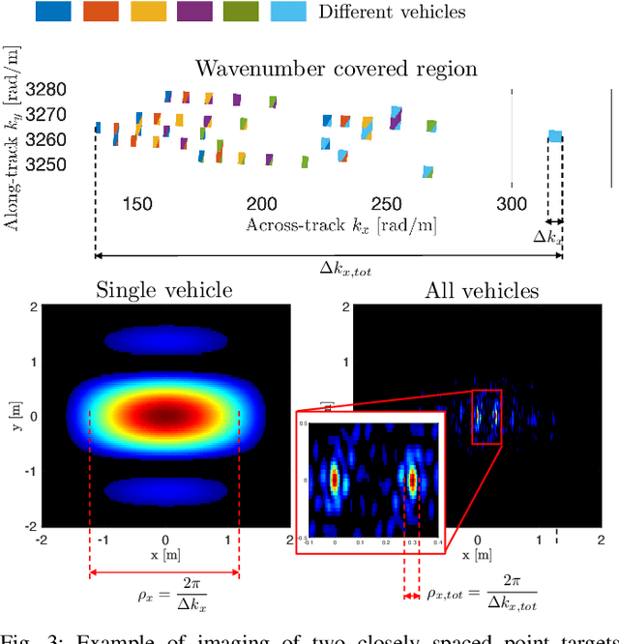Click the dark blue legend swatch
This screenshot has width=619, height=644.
[x=26, y=12]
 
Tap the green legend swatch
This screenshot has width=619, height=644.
[x=242, y=12]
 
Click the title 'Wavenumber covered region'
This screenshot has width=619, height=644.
[x=337, y=69]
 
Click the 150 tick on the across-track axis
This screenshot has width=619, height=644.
[x=137, y=204]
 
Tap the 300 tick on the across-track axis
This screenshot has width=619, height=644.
[x=512, y=204]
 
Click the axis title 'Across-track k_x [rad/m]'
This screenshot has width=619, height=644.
[x=340, y=225]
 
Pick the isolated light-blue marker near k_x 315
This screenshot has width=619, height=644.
[x=555, y=136]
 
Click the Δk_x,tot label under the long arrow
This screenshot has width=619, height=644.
[x=345, y=271]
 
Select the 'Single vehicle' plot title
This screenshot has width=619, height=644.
[x=164, y=290]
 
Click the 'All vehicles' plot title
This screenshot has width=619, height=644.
[x=482, y=290]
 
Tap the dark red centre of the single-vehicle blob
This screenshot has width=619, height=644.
[x=164, y=416]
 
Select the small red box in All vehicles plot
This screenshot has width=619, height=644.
[x=486, y=417]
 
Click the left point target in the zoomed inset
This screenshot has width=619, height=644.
[x=335, y=477]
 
